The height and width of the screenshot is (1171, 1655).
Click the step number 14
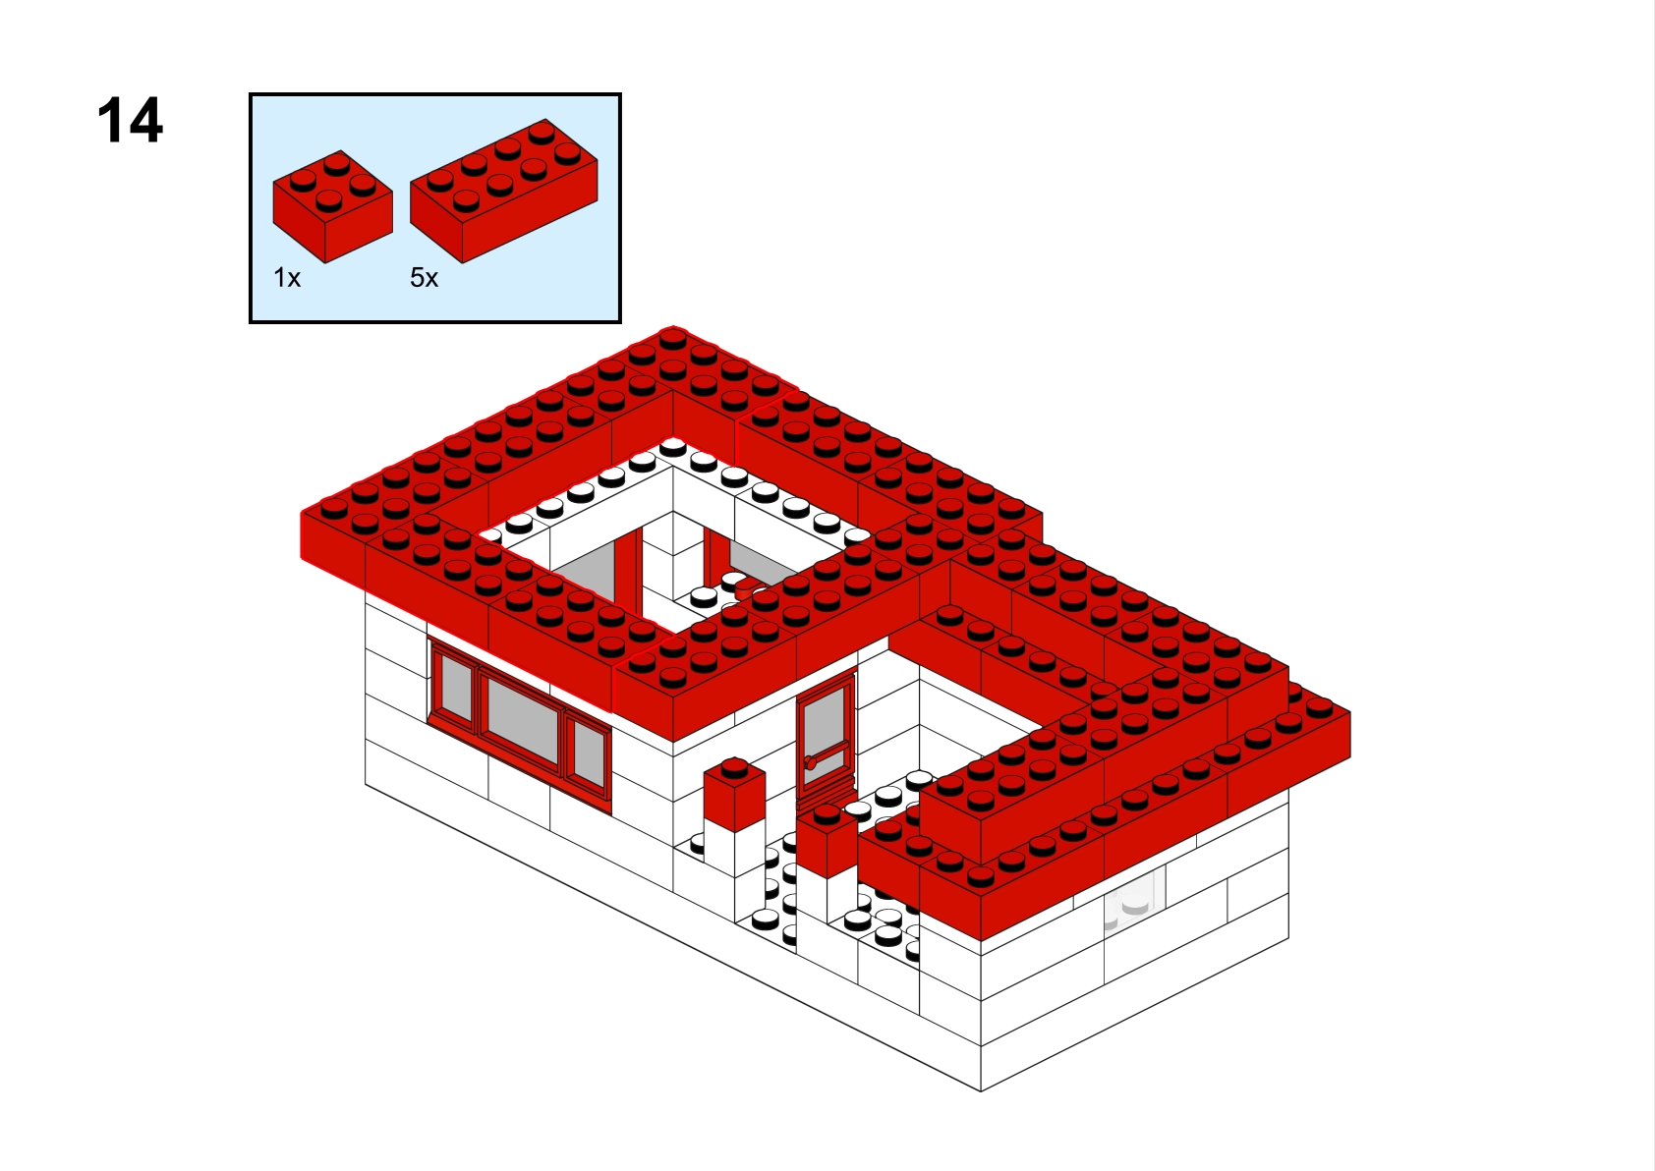(x=130, y=120)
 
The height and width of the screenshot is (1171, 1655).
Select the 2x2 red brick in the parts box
(x=332, y=206)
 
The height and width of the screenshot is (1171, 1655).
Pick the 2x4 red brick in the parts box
(x=504, y=191)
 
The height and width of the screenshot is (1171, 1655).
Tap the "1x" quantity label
(x=287, y=278)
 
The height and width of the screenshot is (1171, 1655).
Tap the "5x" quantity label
(x=425, y=278)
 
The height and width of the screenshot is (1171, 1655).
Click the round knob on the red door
(x=810, y=762)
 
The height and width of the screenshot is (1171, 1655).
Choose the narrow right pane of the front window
(x=589, y=753)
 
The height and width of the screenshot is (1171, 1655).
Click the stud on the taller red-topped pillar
(x=734, y=765)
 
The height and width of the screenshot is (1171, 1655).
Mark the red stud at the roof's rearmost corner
(x=672, y=338)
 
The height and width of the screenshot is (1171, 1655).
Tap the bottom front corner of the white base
(x=981, y=1090)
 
